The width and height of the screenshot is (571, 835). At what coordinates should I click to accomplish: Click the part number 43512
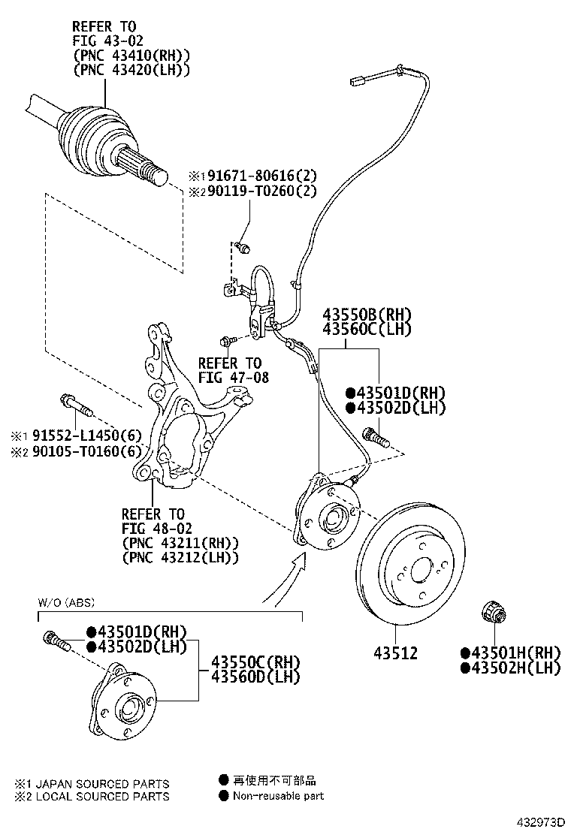[x=396, y=653]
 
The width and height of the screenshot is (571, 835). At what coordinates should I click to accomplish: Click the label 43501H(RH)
[x=511, y=652]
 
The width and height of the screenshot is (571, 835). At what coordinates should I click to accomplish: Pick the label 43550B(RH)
[x=367, y=315]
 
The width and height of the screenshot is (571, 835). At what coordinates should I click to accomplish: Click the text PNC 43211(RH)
[x=180, y=542]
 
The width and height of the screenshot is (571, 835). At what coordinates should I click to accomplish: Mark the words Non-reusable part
[x=278, y=796]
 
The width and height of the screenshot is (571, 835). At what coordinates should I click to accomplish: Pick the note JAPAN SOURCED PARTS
[x=98, y=783]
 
